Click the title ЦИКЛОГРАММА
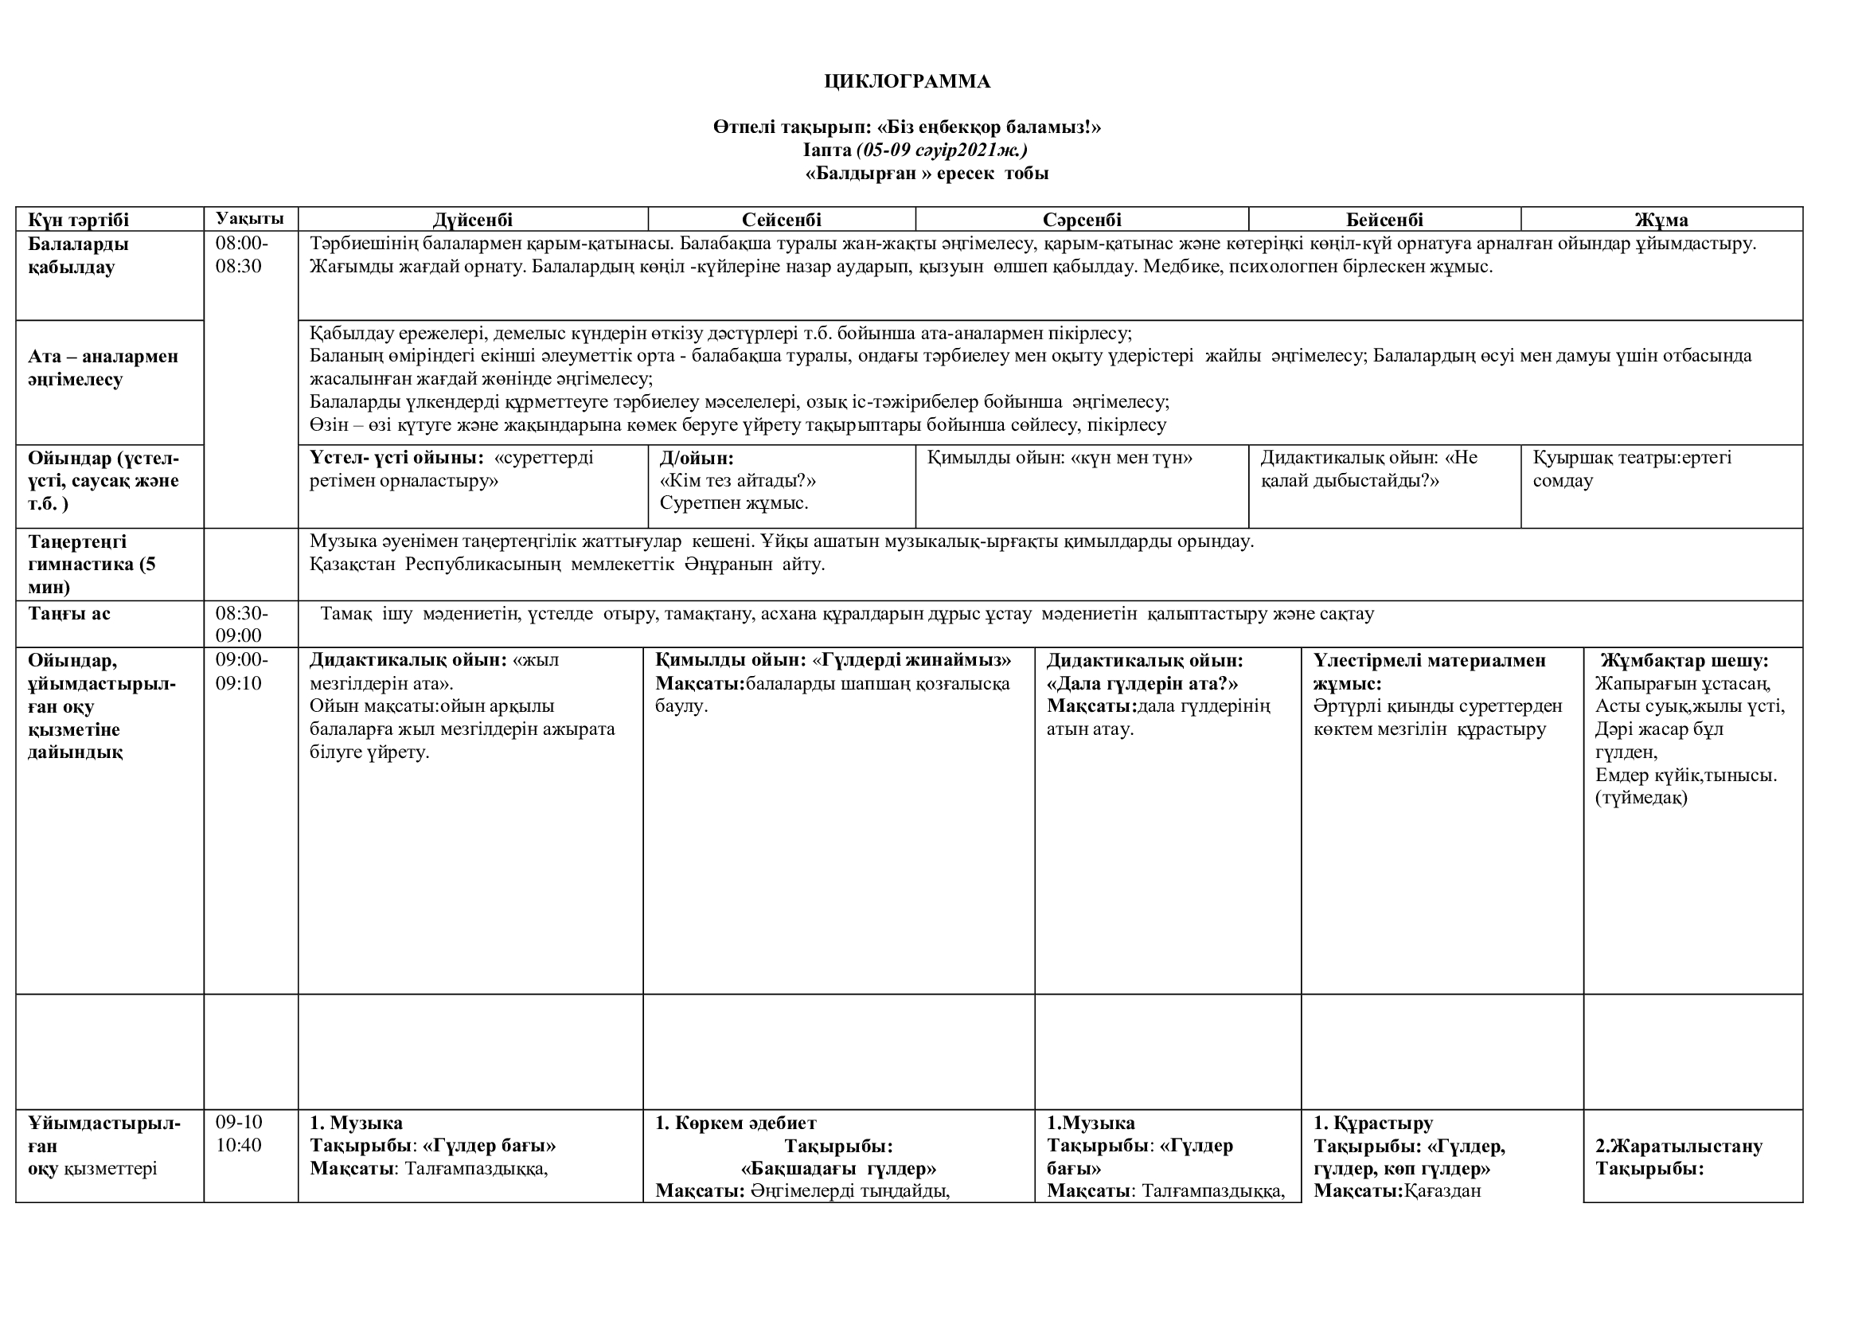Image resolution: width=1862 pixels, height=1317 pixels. pyautogui.click(x=907, y=81)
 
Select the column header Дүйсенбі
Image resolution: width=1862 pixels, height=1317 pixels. pyautogui.click(x=472, y=220)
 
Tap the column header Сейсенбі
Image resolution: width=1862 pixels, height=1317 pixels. pyautogui.click(x=782, y=220)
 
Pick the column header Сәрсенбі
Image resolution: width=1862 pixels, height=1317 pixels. pyautogui.click(x=1082, y=220)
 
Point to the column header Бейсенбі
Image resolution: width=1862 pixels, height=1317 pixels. pyautogui.click(x=1384, y=220)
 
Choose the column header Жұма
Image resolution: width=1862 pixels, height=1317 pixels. pyautogui.click(x=1661, y=220)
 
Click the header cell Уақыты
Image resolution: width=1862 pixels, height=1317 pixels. pyautogui.click(x=250, y=218)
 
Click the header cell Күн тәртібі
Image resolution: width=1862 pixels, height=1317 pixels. pyautogui.click(x=79, y=220)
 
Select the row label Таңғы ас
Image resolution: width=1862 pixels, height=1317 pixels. pyautogui.click(x=69, y=614)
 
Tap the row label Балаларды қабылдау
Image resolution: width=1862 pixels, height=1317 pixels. pyautogui.click(x=78, y=256)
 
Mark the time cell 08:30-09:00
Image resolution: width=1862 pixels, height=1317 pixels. pyautogui.click(x=241, y=624)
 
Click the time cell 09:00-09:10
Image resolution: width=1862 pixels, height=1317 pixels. pyautogui.click(x=241, y=671)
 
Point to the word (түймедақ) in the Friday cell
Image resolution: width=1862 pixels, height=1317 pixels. pyautogui.click(x=1641, y=798)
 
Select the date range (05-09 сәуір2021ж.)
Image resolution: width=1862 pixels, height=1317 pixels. pyautogui.click(x=942, y=150)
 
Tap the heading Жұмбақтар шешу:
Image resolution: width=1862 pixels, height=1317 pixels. pyautogui.click(x=1684, y=660)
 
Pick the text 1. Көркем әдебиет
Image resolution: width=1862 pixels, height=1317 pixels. pyautogui.click(x=736, y=1124)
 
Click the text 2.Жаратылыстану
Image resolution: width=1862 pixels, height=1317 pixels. pyautogui.click(x=1679, y=1146)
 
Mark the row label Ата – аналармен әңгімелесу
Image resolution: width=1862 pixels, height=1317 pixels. pyautogui.click(x=103, y=367)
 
